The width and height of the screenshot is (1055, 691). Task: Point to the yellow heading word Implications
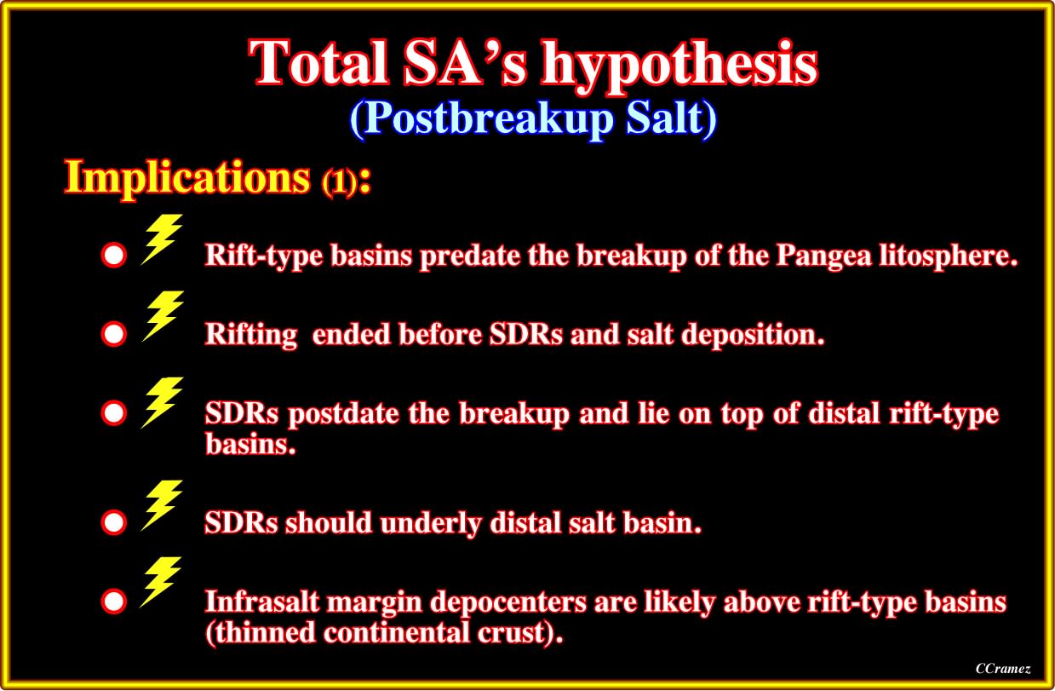click(187, 178)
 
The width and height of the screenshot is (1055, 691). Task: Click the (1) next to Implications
click(339, 182)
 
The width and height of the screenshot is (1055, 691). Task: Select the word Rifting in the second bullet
click(251, 335)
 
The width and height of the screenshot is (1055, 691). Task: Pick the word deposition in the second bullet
click(753, 335)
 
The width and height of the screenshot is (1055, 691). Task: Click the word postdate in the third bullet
click(343, 414)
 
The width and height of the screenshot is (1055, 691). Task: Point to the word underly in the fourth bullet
click(431, 523)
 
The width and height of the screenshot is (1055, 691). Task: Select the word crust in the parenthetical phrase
click(512, 632)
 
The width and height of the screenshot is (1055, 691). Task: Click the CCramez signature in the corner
click(1003, 668)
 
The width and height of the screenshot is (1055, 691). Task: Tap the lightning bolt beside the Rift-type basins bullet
click(162, 239)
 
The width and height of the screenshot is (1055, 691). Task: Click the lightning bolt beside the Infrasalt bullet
click(161, 582)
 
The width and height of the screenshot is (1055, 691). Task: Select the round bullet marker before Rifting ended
click(114, 334)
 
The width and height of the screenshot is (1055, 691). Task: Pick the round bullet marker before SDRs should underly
click(114, 522)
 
